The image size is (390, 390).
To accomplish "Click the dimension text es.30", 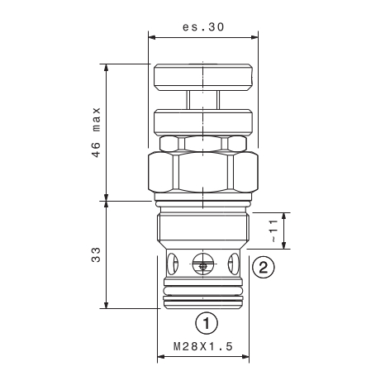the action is pos(203,27).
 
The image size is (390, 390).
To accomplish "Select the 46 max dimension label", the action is pos(96,132).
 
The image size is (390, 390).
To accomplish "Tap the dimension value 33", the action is pos(96,254).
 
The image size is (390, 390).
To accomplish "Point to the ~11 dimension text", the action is pos(273,231).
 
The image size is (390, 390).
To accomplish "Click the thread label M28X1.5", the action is pos(203,346).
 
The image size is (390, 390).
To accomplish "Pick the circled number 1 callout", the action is pos(207,322).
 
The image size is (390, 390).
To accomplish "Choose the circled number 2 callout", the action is pos(264,267).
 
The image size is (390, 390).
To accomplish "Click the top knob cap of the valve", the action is pos(203,78).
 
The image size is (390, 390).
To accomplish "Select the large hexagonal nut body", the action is pos(203,172).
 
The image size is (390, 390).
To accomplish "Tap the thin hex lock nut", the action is pos(203,144).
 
